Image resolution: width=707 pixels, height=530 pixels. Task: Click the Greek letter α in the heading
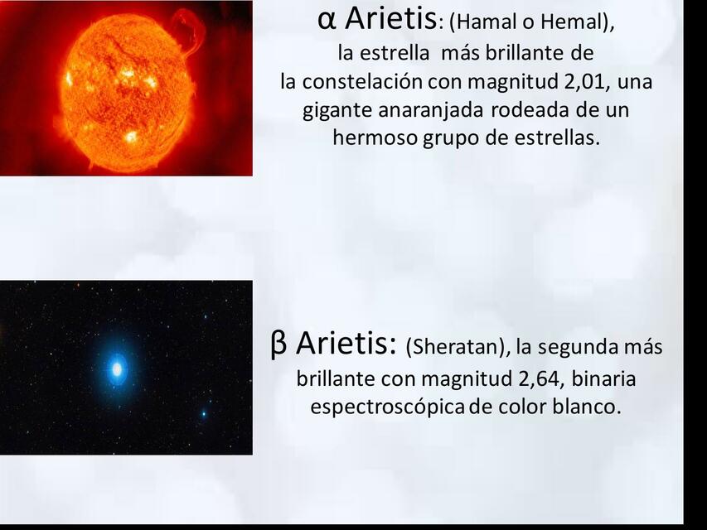326,19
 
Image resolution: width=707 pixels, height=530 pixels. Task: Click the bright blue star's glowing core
118,367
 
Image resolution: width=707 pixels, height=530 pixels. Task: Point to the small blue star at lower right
204,413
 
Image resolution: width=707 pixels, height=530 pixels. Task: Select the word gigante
334,110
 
